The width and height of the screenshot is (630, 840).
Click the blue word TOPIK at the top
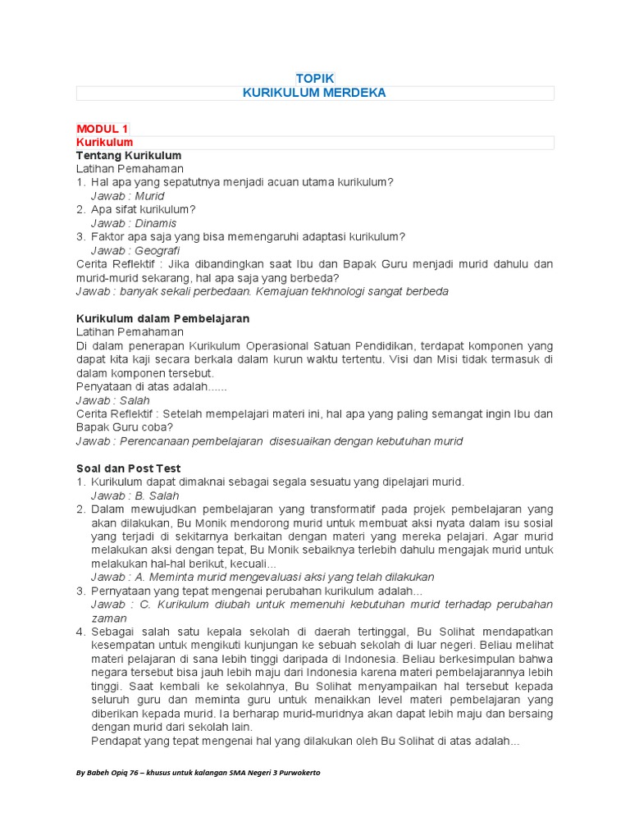pos(315,78)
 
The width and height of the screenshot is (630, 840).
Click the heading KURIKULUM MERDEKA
pos(314,93)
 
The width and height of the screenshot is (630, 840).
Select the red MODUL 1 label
pos(102,129)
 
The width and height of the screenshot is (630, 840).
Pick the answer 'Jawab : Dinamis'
pos(133,223)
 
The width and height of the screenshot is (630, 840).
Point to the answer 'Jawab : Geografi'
pos(135,250)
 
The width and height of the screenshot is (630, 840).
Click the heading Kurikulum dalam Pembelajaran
pos(162,318)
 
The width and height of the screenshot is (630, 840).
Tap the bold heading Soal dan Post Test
pos(128,468)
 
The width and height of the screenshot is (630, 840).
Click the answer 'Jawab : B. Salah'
pos(135,495)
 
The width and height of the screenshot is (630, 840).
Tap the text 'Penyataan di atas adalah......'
pos(151,386)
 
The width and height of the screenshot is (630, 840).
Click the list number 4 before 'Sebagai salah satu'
pos(80,632)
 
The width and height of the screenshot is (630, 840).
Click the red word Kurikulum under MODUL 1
pos(104,143)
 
